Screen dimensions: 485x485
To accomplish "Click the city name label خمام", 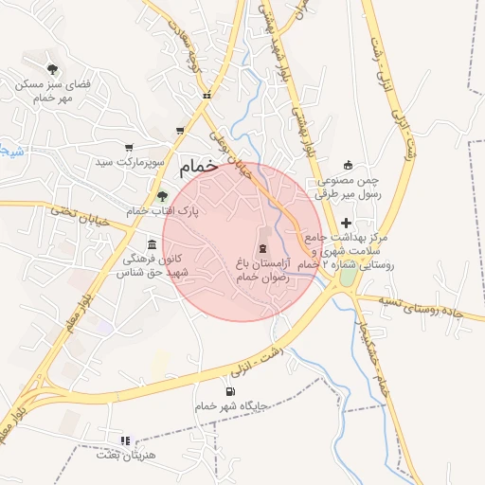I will point(198,165).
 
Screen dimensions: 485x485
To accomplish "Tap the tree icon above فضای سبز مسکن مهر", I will point(52,68).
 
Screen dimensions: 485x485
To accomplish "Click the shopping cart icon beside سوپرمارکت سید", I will point(129,148).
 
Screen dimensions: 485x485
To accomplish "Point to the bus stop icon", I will point(207,95).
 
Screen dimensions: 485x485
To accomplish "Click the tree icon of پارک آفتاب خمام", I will point(163,195).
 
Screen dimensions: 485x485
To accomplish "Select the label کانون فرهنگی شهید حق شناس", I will point(153,265).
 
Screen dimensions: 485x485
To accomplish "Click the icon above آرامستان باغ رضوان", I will point(262,247).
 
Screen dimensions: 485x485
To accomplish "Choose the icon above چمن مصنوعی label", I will point(347,164).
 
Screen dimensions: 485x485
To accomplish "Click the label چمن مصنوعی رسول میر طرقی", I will point(346,186).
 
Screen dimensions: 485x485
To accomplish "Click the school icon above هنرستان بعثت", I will point(124,440).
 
